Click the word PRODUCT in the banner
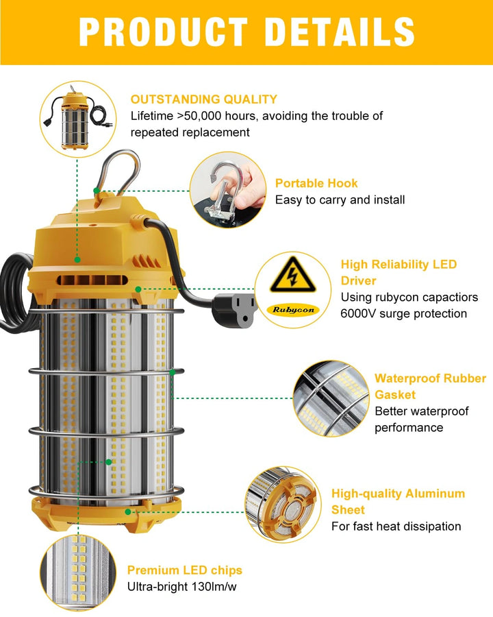[x=164, y=32]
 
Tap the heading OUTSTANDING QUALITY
[x=203, y=99]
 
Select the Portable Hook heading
[x=316, y=183]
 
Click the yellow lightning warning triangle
[x=292, y=275]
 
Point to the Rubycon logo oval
[x=293, y=310]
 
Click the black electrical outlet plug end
[x=233, y=307]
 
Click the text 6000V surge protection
[x=403, y=313]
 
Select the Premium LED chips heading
[x=184, y=570]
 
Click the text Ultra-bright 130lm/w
[x=181, y=587]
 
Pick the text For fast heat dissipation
[x=396, y=526]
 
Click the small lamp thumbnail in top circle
[x=79, y=119]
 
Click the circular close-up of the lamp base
[x=283, y=505]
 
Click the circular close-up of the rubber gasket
[x=331, y=398]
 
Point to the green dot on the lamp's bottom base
[x=128, y=512]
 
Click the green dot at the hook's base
[x=97, y=191]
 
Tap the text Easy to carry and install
[x=340, y=200]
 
